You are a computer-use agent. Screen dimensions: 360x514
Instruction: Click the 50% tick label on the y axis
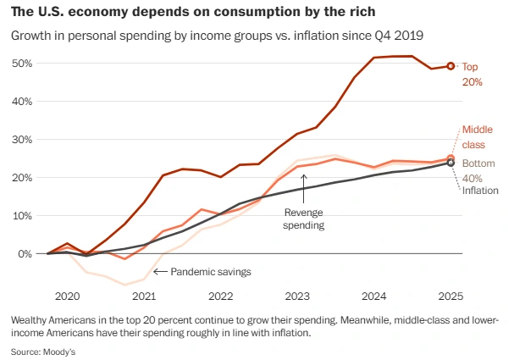(x=22, y=64)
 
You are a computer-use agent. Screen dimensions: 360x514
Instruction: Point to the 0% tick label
(x=25, y=253)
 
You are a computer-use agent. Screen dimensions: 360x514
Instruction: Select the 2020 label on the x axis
(x=67, y=297)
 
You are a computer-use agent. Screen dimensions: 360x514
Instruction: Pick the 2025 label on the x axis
(x=450, y=297)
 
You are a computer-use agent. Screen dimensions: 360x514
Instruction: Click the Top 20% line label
(x=472, y=74)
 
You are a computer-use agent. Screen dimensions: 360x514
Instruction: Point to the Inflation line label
(x=479, y=191)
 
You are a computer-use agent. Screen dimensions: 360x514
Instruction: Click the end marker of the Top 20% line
(x=451, y=65)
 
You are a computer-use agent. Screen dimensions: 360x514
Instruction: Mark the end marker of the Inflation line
(x=451, y=163)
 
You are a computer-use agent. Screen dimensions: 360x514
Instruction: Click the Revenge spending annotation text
(x=304, y=219)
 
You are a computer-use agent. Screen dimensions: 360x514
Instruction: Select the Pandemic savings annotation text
(x=211, y=272)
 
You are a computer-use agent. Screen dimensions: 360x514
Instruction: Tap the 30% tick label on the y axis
(x=22, y=139)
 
